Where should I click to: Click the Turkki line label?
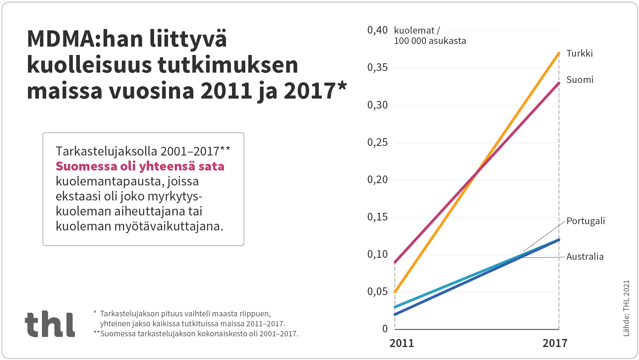[x=579, y=53]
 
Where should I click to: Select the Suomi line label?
[x=580, y=80]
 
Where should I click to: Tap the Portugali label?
[x=585, y=221]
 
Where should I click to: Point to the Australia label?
[x=585, y=256]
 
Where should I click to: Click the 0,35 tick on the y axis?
[x=377, y=68]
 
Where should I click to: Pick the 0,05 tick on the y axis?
[x=377, y=292]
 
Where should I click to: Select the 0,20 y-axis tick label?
[x=377, y=180]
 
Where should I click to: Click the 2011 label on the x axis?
[x=402, y=343]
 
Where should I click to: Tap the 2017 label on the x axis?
[x=555, y=343]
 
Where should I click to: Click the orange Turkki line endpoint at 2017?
[x=559, y=53]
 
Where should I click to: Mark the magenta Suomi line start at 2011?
[x=395, y=262]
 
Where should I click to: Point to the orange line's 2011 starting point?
[x=395, y=292]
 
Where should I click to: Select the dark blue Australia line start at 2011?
[x=395, y=314]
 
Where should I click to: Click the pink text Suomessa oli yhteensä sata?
[x=140, y=166]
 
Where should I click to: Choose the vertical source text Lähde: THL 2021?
[x=626, y=308]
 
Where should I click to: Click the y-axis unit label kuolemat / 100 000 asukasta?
[x=429, y=36]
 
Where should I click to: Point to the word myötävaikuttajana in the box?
[x=168, y=226]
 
